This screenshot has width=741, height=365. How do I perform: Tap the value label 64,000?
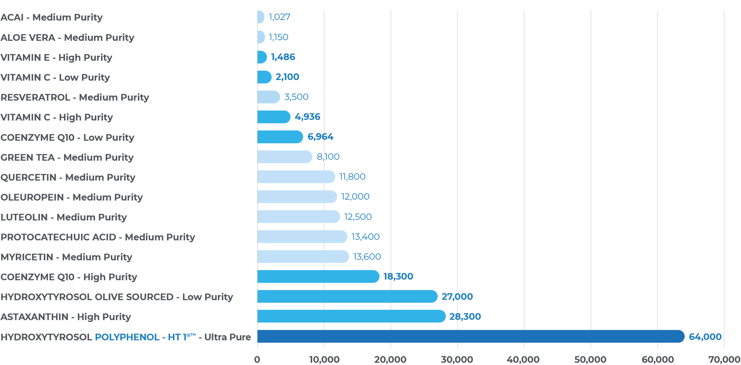(705, 337)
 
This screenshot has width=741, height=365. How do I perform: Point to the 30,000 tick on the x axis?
(457, 360)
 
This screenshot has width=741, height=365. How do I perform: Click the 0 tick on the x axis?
(257, 360)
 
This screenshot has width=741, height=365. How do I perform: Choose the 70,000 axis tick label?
(724, 360)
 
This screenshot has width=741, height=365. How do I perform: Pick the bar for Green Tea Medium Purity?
(284, 157)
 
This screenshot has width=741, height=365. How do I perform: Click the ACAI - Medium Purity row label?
(52, 17)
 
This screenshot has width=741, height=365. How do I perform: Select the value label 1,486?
(283, 57)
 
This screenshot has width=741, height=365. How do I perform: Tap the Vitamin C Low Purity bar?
(264, 77)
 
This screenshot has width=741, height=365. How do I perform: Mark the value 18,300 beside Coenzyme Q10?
(398, 277)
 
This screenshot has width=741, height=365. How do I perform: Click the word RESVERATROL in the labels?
(35, 97)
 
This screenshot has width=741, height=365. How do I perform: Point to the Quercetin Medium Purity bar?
(296, 177)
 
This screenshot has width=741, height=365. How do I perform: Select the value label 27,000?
(457, 297)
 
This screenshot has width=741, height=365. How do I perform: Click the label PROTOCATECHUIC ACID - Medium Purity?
(98, 237)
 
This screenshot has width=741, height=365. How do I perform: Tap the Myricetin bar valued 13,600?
(303, 257)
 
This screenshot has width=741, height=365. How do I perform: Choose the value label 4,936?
(307, 117)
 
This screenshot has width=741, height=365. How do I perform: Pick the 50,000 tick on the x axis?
(590, 360)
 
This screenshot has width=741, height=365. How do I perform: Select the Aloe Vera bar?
(261, 37)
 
